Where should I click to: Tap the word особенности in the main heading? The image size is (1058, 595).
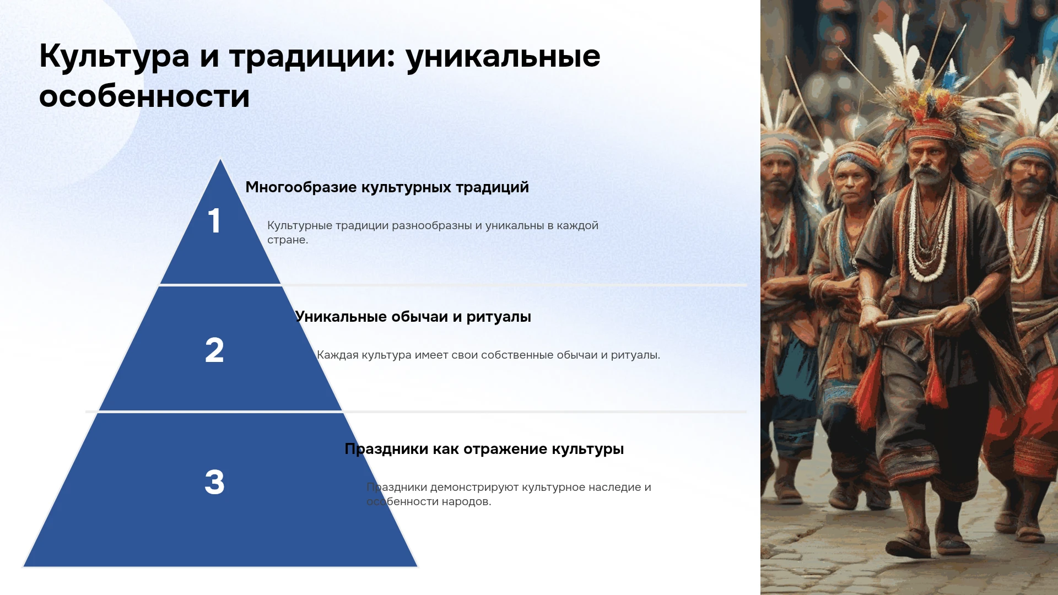tap(144, 96)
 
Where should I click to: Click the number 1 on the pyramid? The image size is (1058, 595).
tap(214, 221)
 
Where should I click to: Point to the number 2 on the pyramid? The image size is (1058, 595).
tap(214, 350)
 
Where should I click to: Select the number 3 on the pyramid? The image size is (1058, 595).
tap(214, 482)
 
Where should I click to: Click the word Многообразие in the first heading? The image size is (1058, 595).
tap(301, 187)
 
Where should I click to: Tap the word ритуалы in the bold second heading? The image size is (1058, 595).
tap(499, 317)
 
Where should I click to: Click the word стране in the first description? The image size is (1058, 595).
tap(287, 240)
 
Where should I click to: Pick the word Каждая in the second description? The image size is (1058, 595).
tap(337, 355)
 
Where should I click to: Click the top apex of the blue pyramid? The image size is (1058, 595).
tap(220, 159)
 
